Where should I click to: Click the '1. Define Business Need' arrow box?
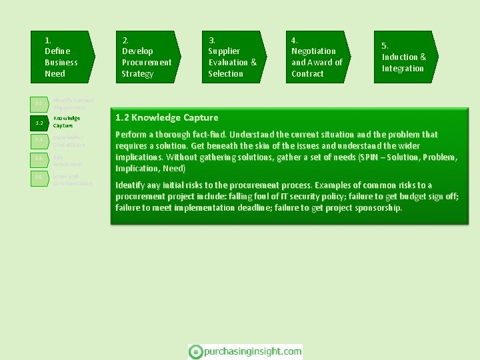coord(62,57)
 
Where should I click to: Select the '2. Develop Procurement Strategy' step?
coord(147,57)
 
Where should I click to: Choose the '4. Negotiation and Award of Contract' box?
coord(317,57)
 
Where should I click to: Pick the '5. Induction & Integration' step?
coord(404,57)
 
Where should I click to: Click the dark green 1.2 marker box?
coord(39,123)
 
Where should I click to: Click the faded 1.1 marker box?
coord(39,104)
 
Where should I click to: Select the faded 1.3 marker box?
coord(39,141)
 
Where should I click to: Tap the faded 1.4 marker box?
coord(39,159)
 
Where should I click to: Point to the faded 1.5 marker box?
coord(39,177)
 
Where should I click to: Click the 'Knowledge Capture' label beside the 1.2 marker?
coord(67,121)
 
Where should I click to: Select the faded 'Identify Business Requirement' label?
coord(73,103)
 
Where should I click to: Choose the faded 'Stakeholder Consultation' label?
coord(69,141)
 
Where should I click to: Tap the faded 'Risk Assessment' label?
coord(68,160)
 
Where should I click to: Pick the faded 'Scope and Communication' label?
coord(72,179)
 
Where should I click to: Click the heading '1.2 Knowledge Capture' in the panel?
coord(167,118)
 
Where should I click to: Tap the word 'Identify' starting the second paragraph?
coord(131,185)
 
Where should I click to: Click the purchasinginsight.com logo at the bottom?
coord(245,351)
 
